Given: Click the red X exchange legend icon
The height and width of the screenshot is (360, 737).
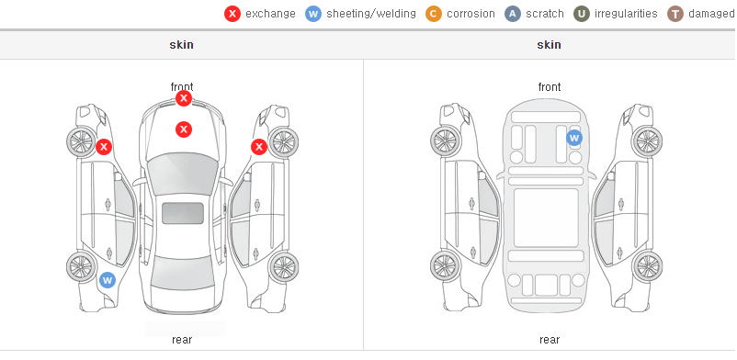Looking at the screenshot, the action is (x=232, y=14).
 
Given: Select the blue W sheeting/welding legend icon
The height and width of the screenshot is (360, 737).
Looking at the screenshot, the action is (x=313, y=14).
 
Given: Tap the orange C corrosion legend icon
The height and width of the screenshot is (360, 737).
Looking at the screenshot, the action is (x=434, y=14).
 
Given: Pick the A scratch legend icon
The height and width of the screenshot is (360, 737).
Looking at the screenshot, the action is (x=513, y=14).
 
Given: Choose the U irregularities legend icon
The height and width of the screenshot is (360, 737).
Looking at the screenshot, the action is (x=582, y=14).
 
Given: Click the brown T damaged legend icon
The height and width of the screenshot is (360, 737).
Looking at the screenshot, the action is (x=675, y=14).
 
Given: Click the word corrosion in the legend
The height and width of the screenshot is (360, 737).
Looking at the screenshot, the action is (x=471, y=14).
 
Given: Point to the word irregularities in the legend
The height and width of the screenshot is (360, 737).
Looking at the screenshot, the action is (x=626, y=14).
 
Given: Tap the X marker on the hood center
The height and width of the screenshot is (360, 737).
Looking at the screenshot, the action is (x=184, y=129).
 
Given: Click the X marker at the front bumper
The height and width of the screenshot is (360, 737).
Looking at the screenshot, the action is (x=184, y=98).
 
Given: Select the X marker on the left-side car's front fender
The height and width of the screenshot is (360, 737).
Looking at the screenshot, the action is (x=104, y=147).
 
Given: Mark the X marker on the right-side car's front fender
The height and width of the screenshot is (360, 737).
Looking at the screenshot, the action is (x=259, y=147).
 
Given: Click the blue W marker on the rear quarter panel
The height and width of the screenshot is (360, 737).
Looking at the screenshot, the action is (x=108, y=281).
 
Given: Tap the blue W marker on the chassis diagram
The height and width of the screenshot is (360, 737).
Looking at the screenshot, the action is (x=574, y=138).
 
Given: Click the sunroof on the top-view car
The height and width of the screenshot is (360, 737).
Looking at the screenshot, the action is (x=183, y=213).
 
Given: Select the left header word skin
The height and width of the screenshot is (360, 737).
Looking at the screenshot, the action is (x=181, y=45).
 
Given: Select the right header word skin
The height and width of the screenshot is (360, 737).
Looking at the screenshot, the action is (x=549, y=45).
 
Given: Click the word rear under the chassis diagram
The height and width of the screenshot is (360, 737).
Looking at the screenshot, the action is (x=550, y=340).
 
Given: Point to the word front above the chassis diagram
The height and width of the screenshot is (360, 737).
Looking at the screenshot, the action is (x=550, y=87).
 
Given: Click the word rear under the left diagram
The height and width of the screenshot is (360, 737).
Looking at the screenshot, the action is (x=182, y=340).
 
